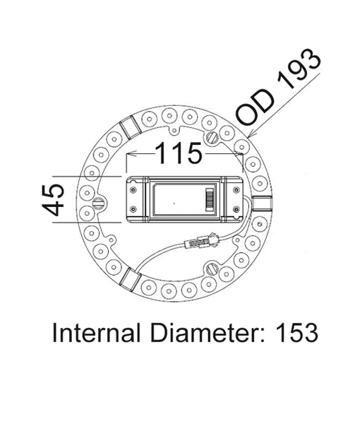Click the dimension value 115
coord(179,153)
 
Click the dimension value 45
coord(52,200)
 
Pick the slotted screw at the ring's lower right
coord(212,269)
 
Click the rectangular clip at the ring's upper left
coord(129,128)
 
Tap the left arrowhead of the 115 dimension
coord(128,153)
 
